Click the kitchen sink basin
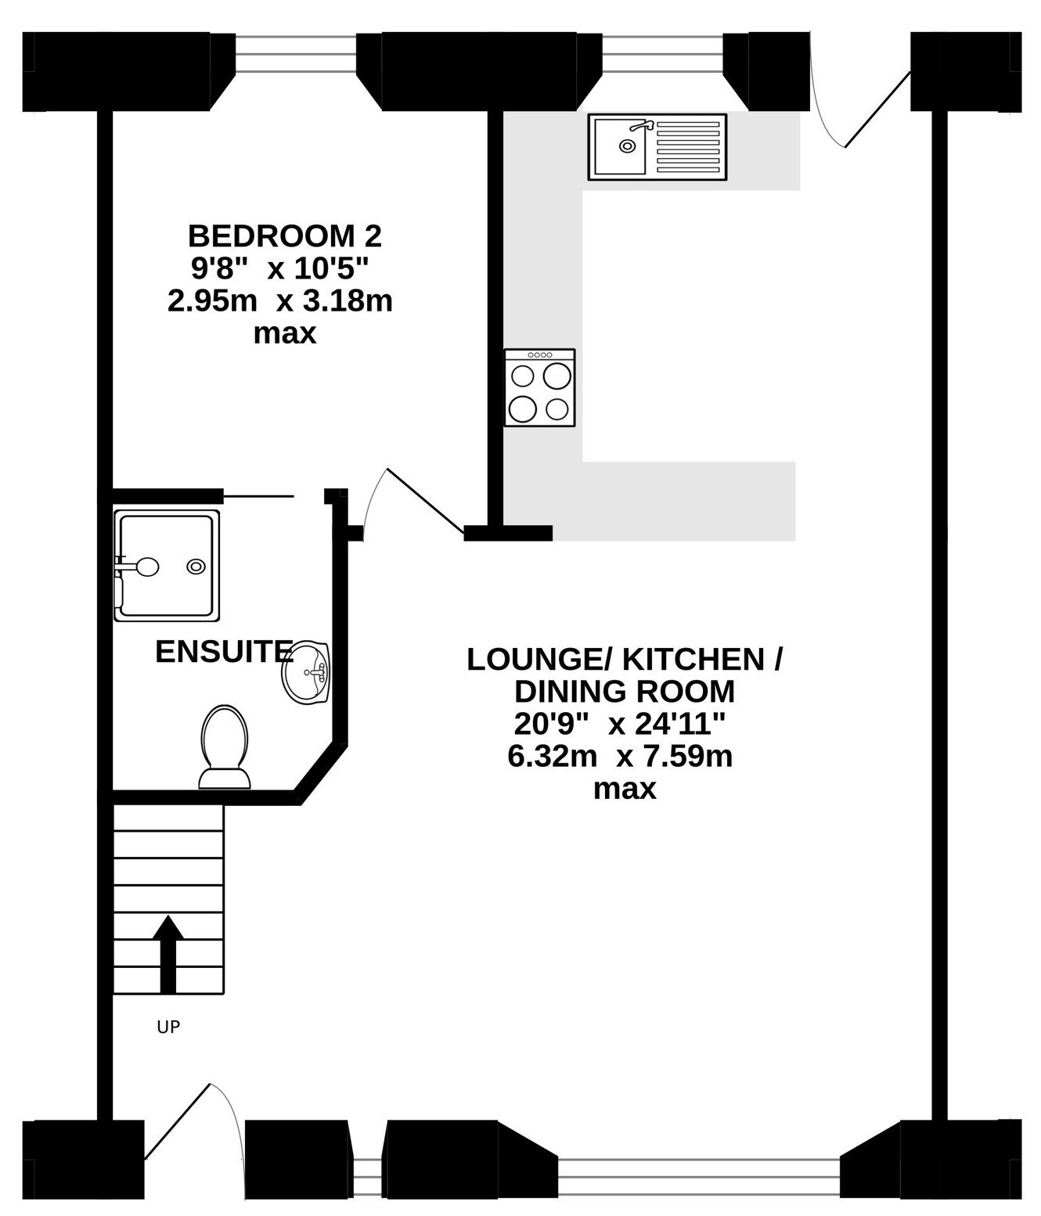coord(620,146)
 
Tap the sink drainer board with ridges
coord(687,146)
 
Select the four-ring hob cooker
coord(539,387)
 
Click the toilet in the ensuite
coord(224,747)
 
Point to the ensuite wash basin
coord(306,671)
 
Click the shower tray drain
coord(196,567)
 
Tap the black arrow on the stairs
coord(168,954)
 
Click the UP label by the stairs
coord(168,1027)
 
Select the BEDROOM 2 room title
coord(285,236)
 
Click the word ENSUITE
coord(224,652)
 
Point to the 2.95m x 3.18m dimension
coord(280,302)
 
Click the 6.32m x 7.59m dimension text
coord(620,757)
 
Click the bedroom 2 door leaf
coord(426,502)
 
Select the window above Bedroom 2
coord(296,54)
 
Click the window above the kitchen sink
coord(663,54)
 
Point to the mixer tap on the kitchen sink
coord(642,125)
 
